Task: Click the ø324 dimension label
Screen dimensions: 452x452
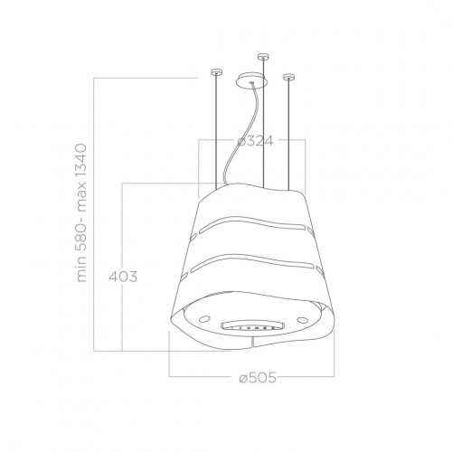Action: click(255, 142)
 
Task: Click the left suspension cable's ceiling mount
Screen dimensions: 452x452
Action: click(214, 71)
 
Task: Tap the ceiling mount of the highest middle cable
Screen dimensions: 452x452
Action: click(263, 57)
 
